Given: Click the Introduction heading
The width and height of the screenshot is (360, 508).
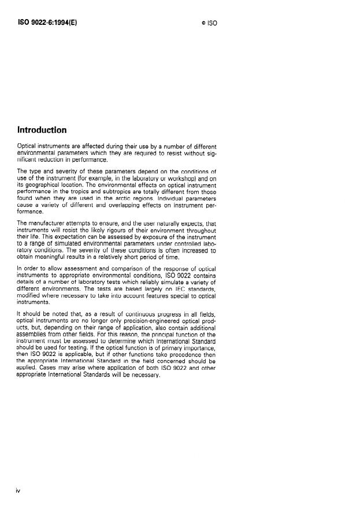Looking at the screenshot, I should click(x=42, y=130).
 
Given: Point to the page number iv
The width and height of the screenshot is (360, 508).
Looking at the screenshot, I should click(x=18, y=491).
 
